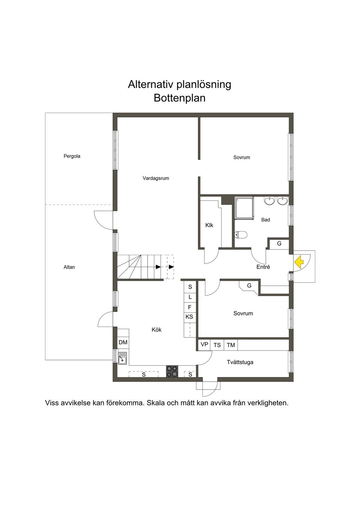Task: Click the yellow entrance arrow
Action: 299,262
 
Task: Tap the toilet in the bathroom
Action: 241,234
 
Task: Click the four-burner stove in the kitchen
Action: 172,371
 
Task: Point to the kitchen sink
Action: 122,359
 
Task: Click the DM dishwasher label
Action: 123,342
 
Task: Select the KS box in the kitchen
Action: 189,317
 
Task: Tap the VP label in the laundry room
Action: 204,344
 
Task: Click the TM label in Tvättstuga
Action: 231,345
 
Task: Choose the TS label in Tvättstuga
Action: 217,345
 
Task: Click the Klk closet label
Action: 209,225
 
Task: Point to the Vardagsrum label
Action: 156,178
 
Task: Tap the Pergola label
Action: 72,156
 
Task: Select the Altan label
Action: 69,267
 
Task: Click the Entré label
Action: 263,267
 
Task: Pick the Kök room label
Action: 156,330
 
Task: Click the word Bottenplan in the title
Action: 179,98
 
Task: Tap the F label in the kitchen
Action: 189,307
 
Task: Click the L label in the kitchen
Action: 190,297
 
